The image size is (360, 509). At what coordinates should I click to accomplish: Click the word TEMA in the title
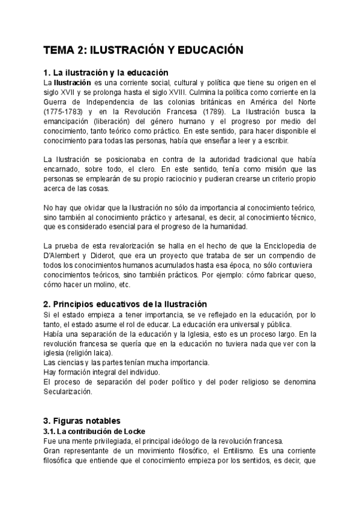(x=62, y=50)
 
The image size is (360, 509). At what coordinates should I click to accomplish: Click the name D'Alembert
(x=65, y=256)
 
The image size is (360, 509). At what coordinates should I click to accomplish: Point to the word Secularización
(x=68, y=391)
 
